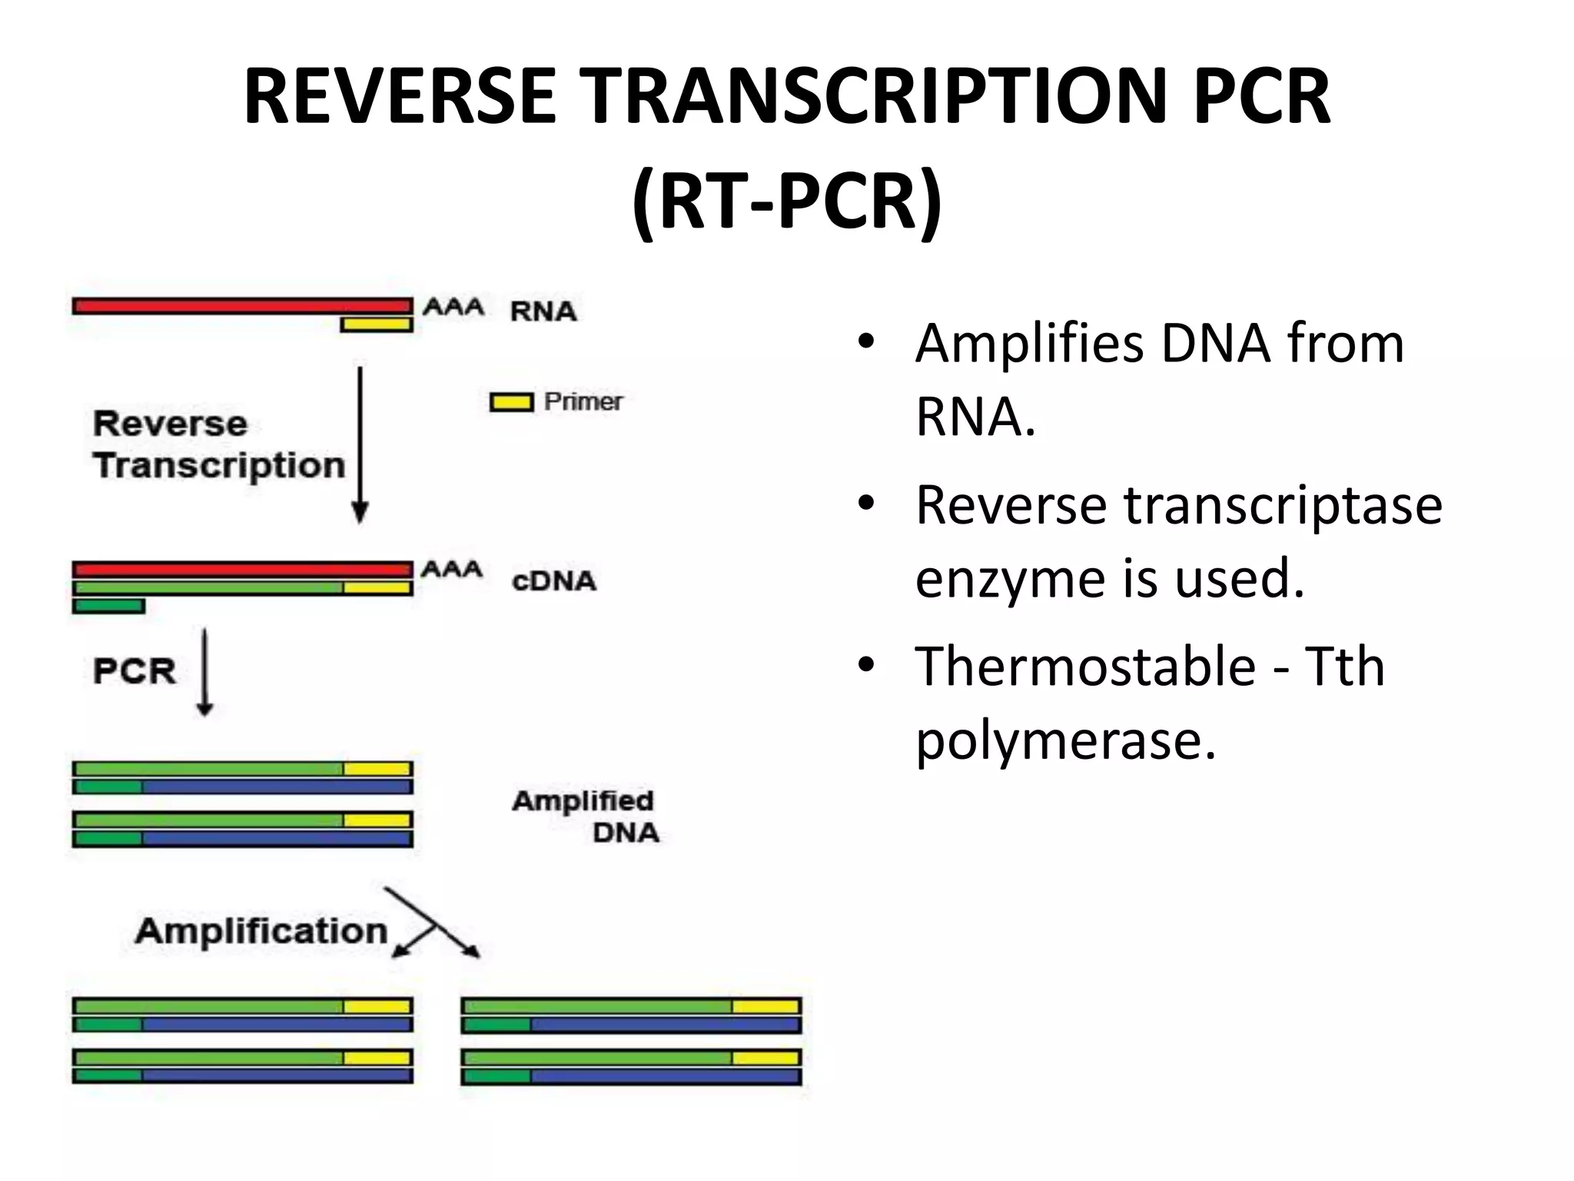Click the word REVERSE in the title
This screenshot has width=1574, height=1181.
[x=400, y=97]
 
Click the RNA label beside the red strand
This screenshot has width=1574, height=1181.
[x=543, y=311]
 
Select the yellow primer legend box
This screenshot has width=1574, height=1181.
[x=511, y=402]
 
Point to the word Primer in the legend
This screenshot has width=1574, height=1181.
[x=583, y=401]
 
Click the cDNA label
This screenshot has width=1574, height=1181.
[x=553, y=581]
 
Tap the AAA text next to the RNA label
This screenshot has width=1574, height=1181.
[x=453, y=308]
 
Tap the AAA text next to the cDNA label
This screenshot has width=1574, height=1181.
[x=452, y=570]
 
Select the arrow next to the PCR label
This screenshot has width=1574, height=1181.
[x=204, y=672]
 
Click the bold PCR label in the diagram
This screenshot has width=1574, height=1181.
[x=134, y=671]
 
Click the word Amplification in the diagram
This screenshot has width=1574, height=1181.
[x=261, y=931]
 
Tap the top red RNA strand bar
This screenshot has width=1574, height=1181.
[x=242, y=306]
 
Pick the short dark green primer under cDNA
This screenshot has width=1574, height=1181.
[x=108, y=607]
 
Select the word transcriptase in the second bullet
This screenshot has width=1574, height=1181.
[x=1283, y=505]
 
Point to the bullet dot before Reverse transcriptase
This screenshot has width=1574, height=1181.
[x=867, y=504]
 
